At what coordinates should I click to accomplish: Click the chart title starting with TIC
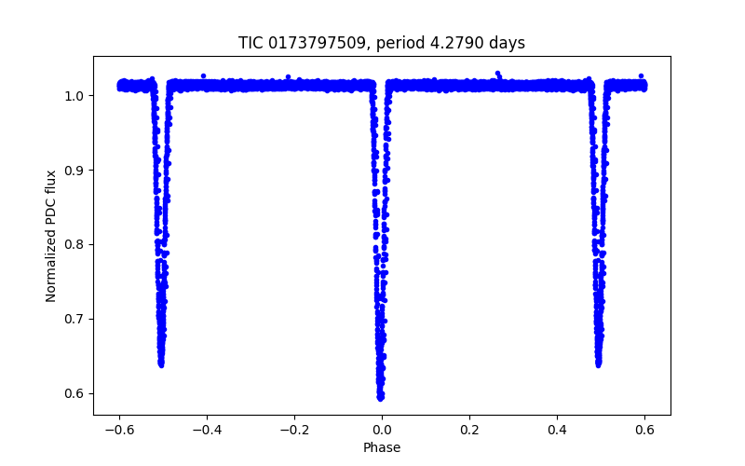click(x=382, y=43)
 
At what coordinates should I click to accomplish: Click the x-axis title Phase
click(x=382, y=447)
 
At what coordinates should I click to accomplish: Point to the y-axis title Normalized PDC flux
click(x=52, y=235)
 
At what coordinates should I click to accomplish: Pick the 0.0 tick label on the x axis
click(x=382, y=431)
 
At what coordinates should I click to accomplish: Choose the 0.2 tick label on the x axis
click(x=469, y=431)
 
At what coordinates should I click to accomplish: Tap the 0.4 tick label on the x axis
click(x=557, y=431)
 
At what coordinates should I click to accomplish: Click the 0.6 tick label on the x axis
click(x=644, y=431)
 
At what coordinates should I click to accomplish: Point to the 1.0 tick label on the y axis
click(x=76, y=95)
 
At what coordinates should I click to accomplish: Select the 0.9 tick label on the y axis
click(x=76, y=170)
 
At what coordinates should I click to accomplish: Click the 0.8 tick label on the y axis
click(x=76, y=244)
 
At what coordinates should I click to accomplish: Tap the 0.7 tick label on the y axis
click(x=76, y=319)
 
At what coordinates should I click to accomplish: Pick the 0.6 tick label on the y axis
click(x=76, y=393)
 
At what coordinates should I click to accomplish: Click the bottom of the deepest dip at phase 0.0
click(x=381, y=397)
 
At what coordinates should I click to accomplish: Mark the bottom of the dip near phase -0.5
click(x=161, y=363)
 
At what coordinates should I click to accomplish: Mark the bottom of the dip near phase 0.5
click(x=598, y=363)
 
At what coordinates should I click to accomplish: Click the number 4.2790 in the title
click(x=461, y=43)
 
